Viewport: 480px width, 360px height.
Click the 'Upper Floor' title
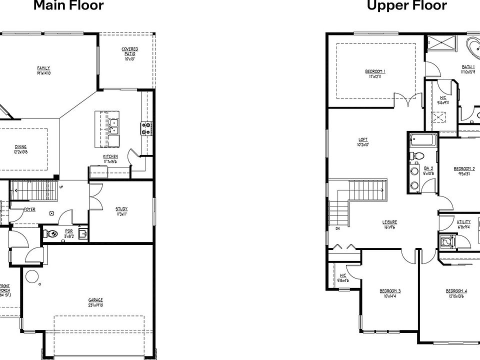pos(407,5)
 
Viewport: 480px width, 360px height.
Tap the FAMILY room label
pos(43,68)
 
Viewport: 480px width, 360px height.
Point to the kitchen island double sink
pos(113,126)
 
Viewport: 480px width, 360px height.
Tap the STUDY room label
pos(121,209)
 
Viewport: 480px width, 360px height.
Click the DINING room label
pos(20,147)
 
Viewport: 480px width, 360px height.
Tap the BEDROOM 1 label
pos(375,71)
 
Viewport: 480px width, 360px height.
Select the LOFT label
pos(363,139)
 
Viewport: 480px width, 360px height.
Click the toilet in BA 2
pos(418,155)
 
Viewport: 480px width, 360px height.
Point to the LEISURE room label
pos(389,221)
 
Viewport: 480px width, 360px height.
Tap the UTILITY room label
pos(463,221)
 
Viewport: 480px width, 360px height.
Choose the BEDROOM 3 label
pos(390,291)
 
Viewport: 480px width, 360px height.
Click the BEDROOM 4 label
pos(456,291)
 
